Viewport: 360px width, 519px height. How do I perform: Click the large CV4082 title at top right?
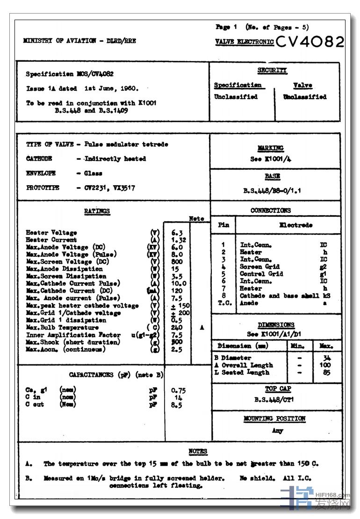pyautogui.click(x=310, y=42)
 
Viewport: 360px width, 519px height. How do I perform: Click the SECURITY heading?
pyautogui.click(x=272, y=71)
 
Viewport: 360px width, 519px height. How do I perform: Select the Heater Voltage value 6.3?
pyautogui.click(x=177, y=232)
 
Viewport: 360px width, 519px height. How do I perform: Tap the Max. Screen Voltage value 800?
pyautogui.click(x=177, y=261)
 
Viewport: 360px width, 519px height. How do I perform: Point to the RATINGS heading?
pyautogui.click(x=97, y=211)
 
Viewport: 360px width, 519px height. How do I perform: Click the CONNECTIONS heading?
pyautogui.click(x=270, y=210)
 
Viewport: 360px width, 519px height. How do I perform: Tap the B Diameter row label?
pyautogui.click(x=232, y=358)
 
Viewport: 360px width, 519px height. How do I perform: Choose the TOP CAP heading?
pyautogui.click(x=278, y=389)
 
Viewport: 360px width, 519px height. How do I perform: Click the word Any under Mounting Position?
pyautogui.click(x=278, y=431)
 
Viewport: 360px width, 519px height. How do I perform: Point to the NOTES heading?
pyautogui.click(x=198, y=451)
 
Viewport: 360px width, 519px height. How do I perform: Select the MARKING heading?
pyautogui.click(x=270, y=148)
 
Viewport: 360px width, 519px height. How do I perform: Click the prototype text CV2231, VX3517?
pyautogui.click(x=110, y=187)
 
